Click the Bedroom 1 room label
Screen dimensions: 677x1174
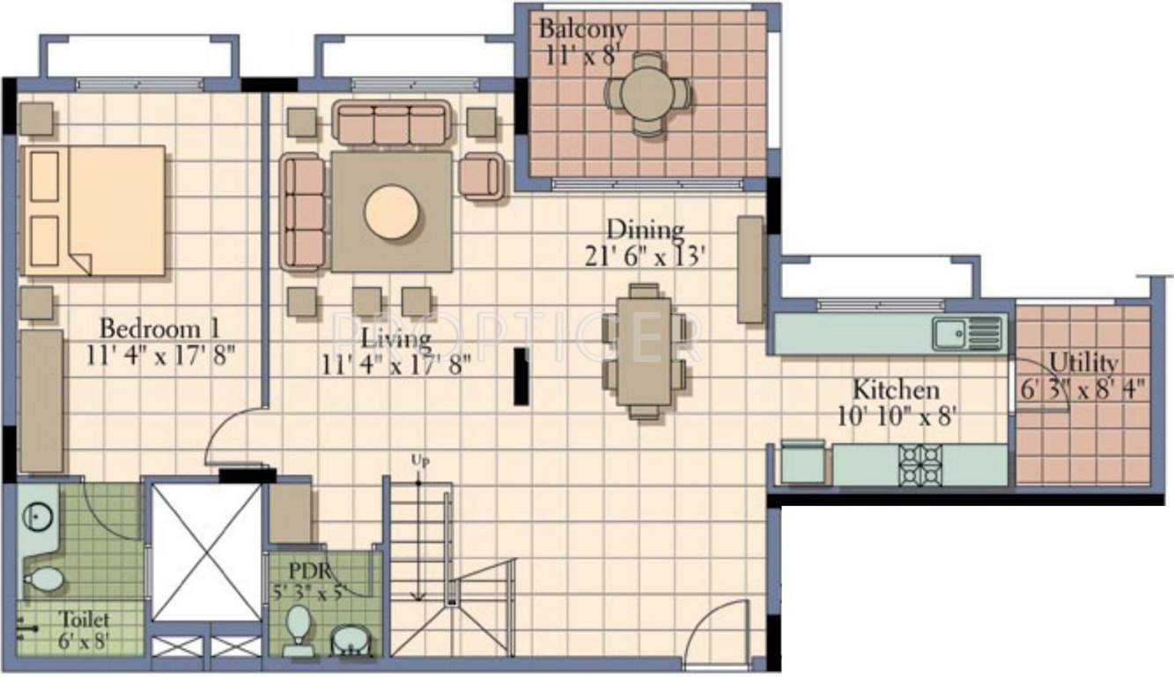pyautogui.click(x=159, y=329)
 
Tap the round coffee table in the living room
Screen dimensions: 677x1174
pyautogui.click(x=390, y=212)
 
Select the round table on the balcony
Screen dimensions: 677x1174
pyautogui.click(x=647, y=93)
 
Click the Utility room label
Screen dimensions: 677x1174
pyautogui.click(x=1084, y=363)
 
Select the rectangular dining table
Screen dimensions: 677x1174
pyautogui.click(x=643, y=351)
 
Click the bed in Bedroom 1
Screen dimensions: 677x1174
pyautogui.click(x=93, y=211)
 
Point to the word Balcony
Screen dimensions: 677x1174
pyautogui.click(x=583, y=29)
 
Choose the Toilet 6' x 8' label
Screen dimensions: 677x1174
pyautogui.click(x=84, y=630)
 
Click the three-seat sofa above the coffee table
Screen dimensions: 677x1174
pyautogui.click(x=391, y=123)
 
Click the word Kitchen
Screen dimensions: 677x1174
pyautogui.click(x=896, y=389)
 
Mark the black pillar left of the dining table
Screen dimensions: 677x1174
pyautogui.click(x=521, y=376)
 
